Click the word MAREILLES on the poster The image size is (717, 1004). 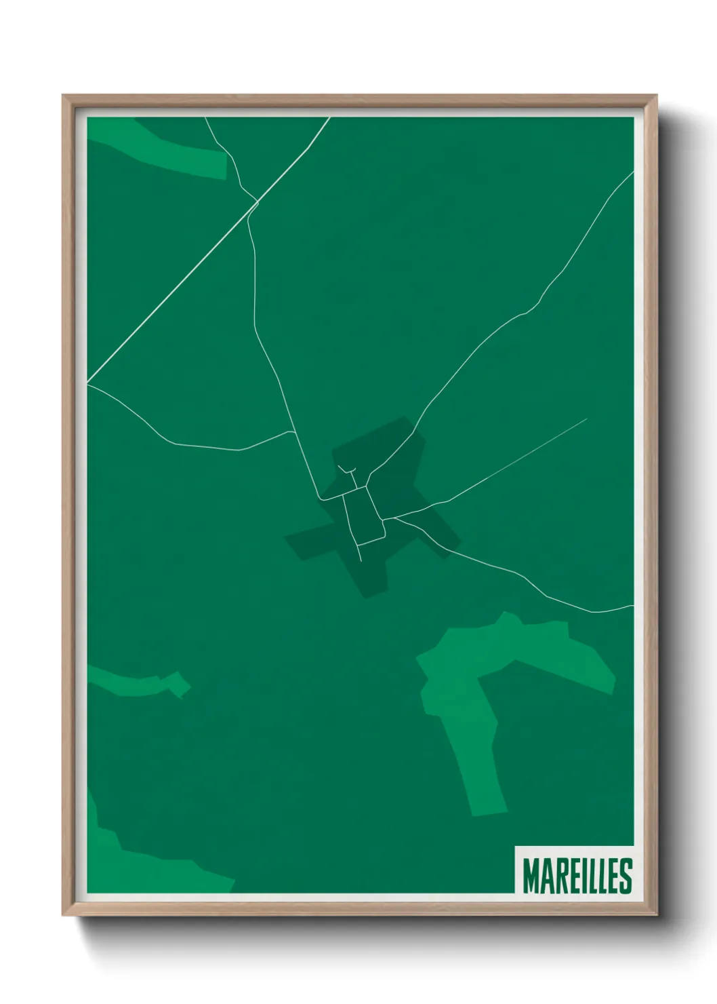click(577, 876)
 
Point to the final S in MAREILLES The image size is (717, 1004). click(625, 876)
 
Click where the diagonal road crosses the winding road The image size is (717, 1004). click(255, 201)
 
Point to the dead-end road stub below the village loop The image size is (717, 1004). click(359, 553)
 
